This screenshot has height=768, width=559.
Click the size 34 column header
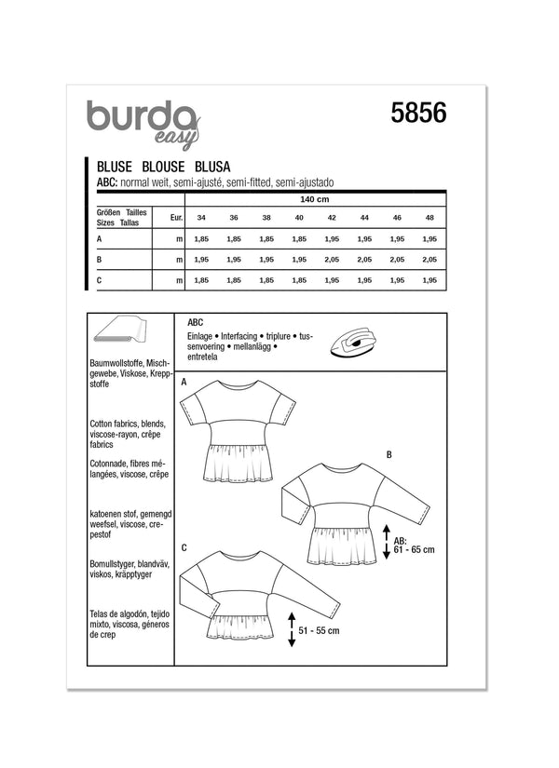pyautogui.click(x=199, y=219)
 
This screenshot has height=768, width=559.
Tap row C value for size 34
pyautogui.click(x=199, y=280)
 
